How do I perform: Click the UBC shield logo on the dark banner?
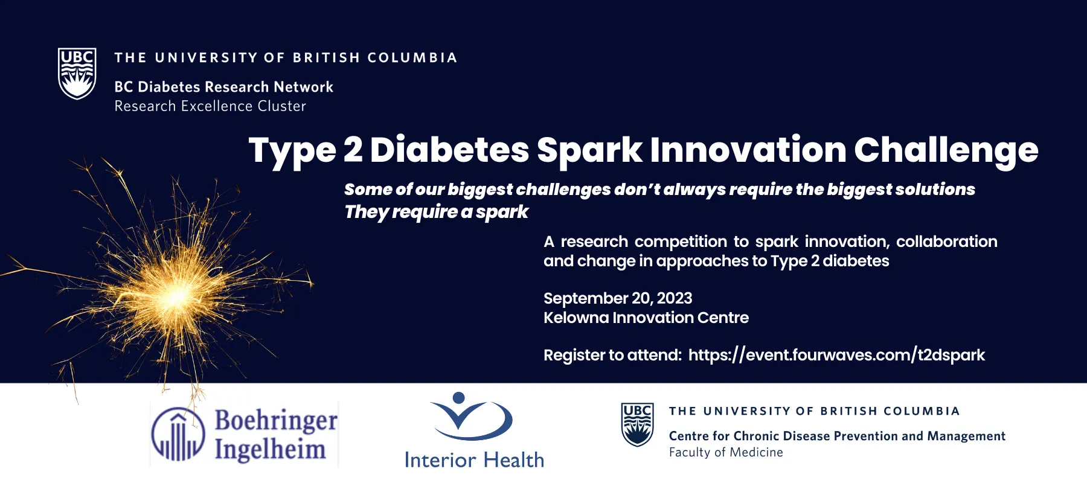[x=77, y=73]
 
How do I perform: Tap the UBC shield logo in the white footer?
[x=637, y=424]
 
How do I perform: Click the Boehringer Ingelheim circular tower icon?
[x=178, y=434]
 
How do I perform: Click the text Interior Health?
[x=474, y=460]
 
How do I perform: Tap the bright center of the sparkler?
[x=178, y=296]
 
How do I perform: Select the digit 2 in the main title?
[x=353, y=149]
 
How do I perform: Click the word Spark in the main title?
[x=589, y=150]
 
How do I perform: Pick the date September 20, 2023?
[x=618, y=298]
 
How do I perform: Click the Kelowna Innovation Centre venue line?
[x=646, y=318]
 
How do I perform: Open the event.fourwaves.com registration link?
[x=836, y=355]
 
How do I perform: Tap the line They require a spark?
[x=436, y=213]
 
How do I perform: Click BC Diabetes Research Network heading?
[x=223, y=87]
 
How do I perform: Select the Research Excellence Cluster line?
[x=210, y=106]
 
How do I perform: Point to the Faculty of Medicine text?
[x=726, y=452]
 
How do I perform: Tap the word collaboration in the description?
[x=946, y=241]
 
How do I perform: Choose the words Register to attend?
[x=612, y=355]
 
